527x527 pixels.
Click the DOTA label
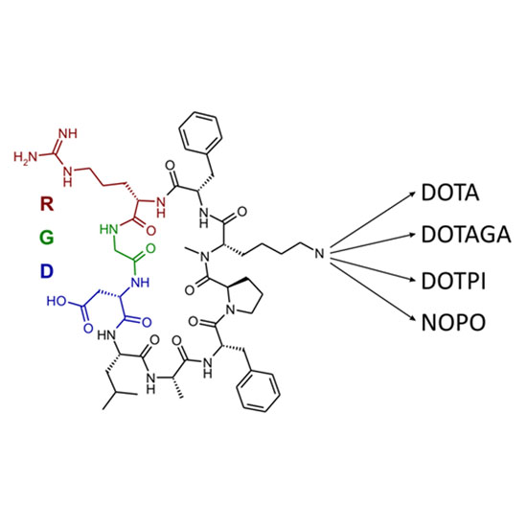(x=450, y=193)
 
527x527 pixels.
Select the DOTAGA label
(x=467, y=234)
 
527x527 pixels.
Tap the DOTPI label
(x=454, y=281)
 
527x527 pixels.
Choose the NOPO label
(x=454, y=322)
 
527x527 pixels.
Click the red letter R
(x=47, y=204)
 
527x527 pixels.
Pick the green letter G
(x=47, y=238)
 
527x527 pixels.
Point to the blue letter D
(x=47, y=271)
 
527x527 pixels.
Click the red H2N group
(x=26, y=157)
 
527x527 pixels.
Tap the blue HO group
(x=57, y=301)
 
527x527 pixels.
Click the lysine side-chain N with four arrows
(x=320, y=253)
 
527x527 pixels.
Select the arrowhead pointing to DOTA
(x=412, y=194)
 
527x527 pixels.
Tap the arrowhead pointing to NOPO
(x=412, y=320)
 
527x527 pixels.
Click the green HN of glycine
(x=108, y=229)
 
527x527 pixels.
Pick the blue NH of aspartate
(x=140, y=282)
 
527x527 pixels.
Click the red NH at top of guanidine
(x=68, y=133)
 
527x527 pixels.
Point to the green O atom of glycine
(x=150, y=249)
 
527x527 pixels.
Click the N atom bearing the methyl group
(x=205, y=257)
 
